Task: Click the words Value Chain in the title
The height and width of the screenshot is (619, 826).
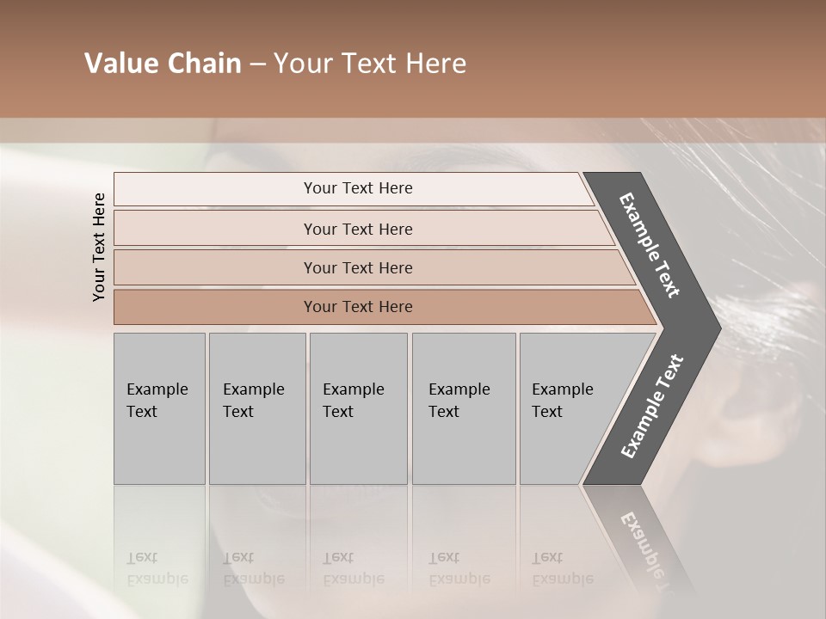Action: [x=163, y=64]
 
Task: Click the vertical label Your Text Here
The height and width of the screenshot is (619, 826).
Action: [x=99, y=247]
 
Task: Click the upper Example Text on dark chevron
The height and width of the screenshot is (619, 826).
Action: [x=650, y=245]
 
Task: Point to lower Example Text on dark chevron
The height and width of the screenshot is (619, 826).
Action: [x=651, y=407]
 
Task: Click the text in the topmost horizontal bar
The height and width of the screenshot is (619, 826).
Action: [x=358, y=188]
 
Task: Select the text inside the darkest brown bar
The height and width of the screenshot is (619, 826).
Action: [x=358, y=307]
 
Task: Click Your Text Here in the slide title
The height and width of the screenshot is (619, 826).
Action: [x=370, y=64]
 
